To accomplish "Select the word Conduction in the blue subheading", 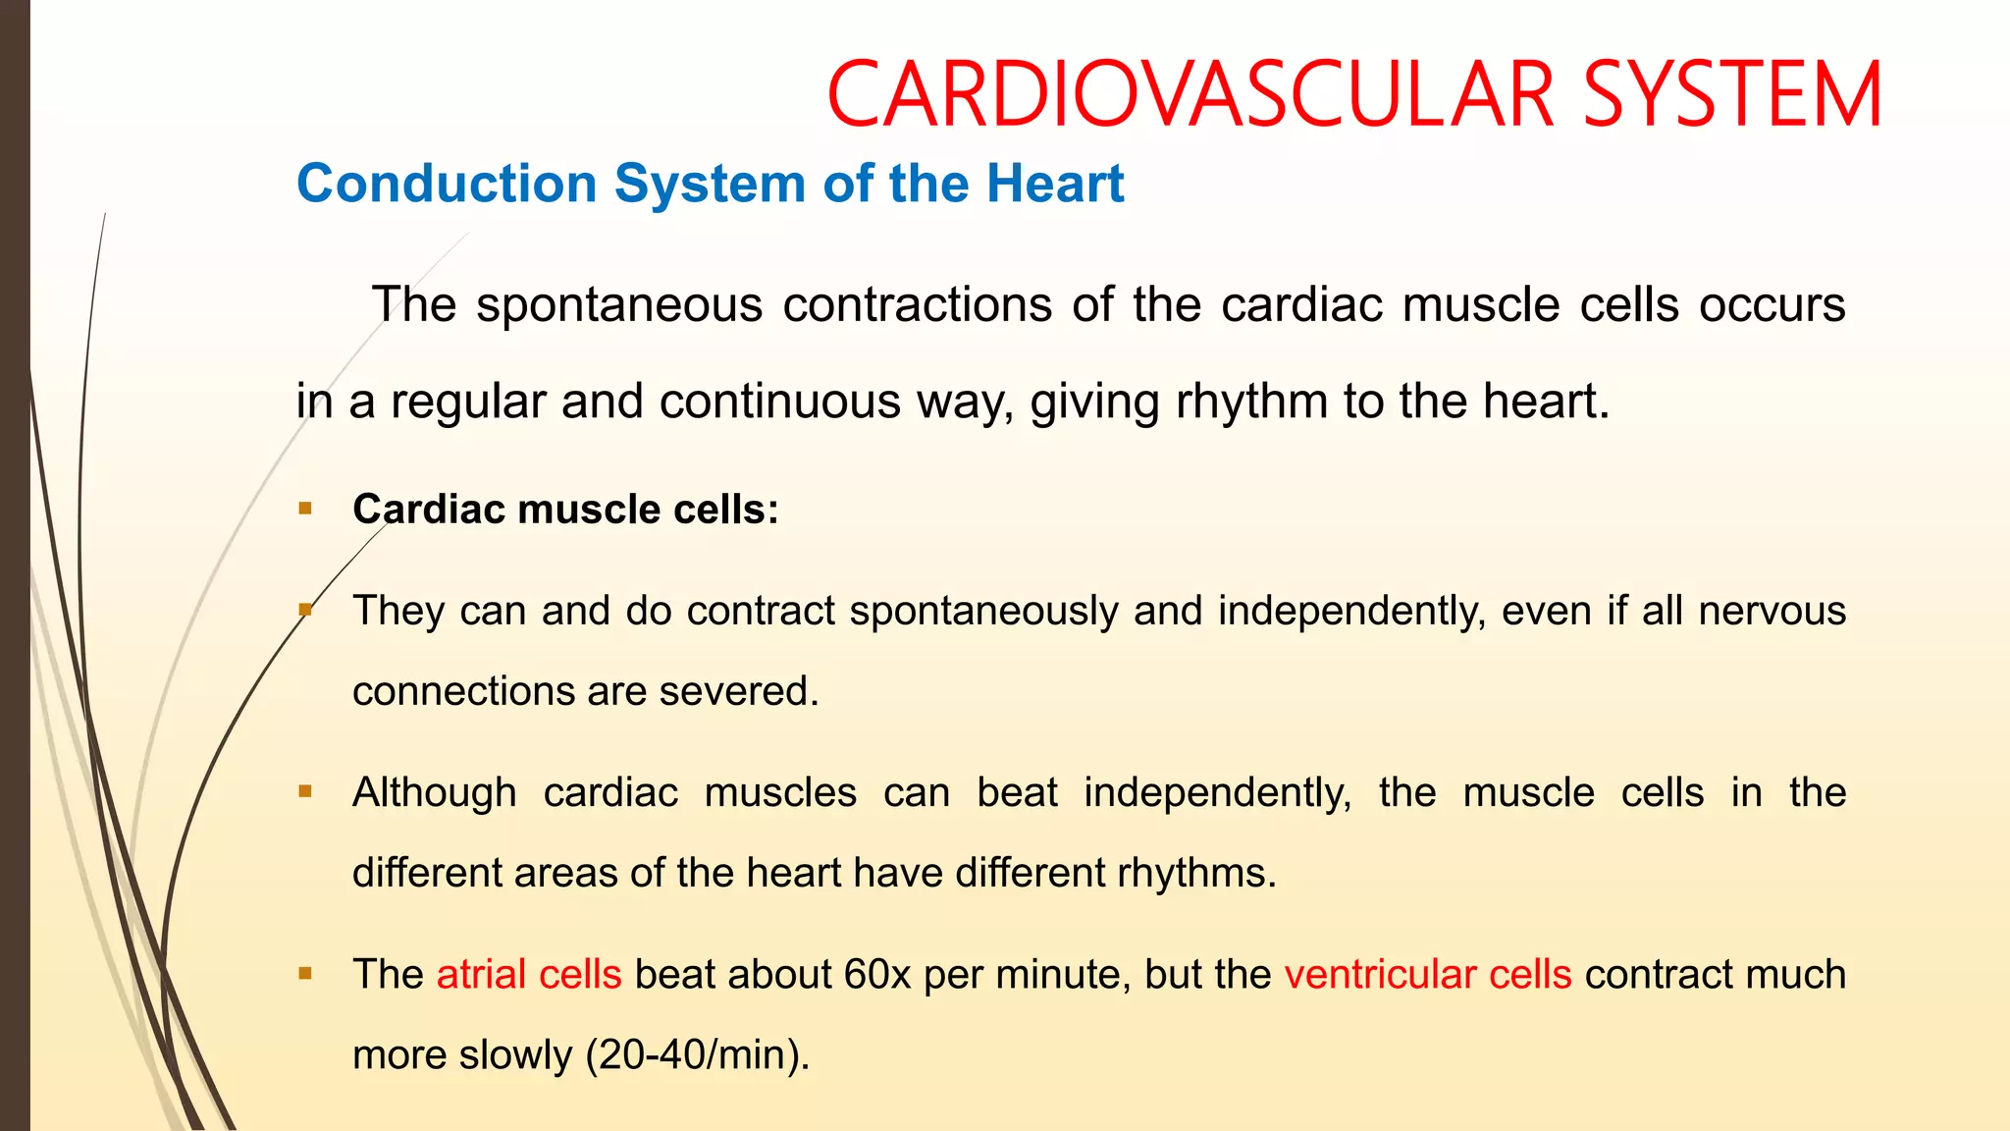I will (x=447, y=184).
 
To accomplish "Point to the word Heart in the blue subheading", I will (x=1055, y=184).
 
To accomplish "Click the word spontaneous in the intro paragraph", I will (x=619, y=304).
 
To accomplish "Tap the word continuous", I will (x=779, y=402).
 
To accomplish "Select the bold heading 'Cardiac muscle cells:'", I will (x=565, y=510).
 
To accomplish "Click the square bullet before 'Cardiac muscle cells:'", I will (x=305, y=509).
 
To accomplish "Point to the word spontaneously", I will (x=983, y=611).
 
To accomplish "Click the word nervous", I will (x=1772, y=611).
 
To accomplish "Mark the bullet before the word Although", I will (x=305, y=791).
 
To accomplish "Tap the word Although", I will (x=434, y=792).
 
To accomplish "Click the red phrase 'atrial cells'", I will (x=529, y=974).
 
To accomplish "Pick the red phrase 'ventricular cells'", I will (x=1428, y=974).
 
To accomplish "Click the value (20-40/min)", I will (x=698, y=1054).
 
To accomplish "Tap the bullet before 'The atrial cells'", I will (x=305, y=974).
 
